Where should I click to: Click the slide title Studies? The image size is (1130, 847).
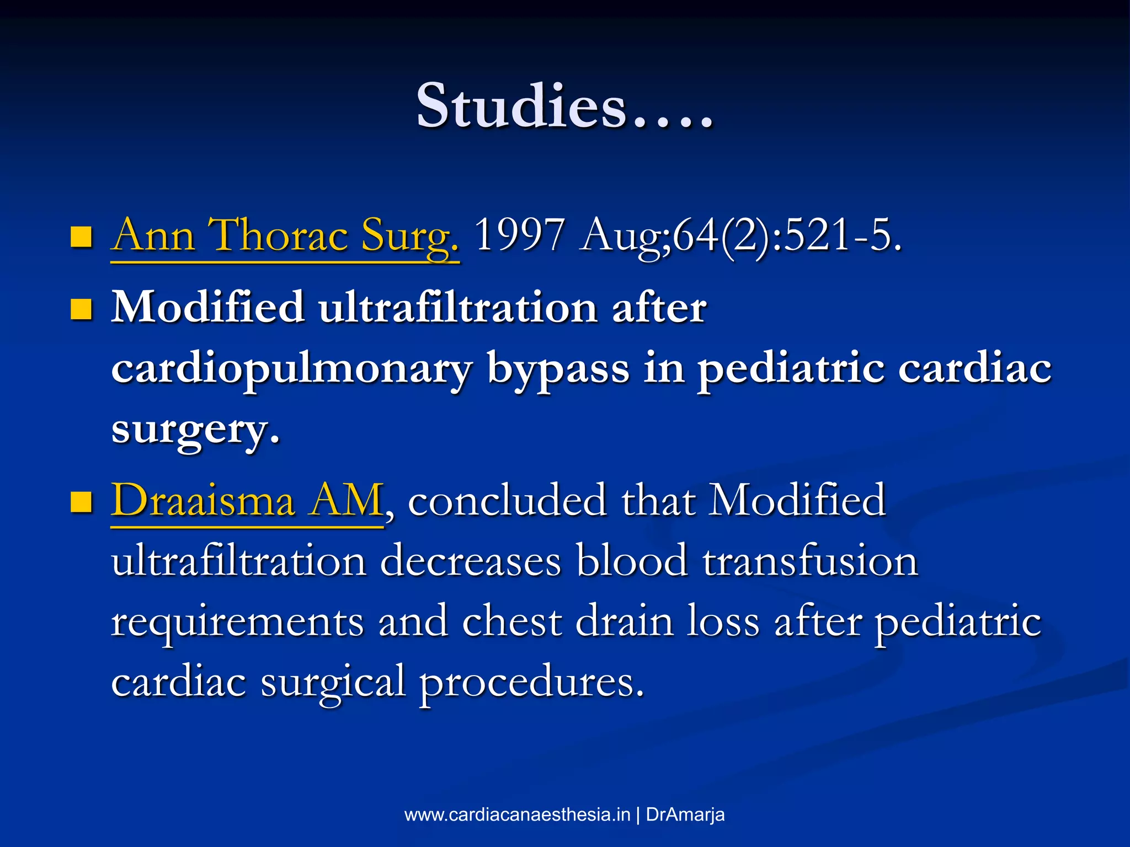564,106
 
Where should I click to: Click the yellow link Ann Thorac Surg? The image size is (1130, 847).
285,236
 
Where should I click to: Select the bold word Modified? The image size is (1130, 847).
208,308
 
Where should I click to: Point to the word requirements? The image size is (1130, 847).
237,622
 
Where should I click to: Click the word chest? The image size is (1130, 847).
511,622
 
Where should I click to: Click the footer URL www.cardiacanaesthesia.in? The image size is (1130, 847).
517,815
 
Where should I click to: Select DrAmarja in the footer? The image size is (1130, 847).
685,815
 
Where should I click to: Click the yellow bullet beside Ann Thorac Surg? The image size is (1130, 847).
81,237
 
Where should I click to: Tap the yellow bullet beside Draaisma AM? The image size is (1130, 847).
81,502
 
